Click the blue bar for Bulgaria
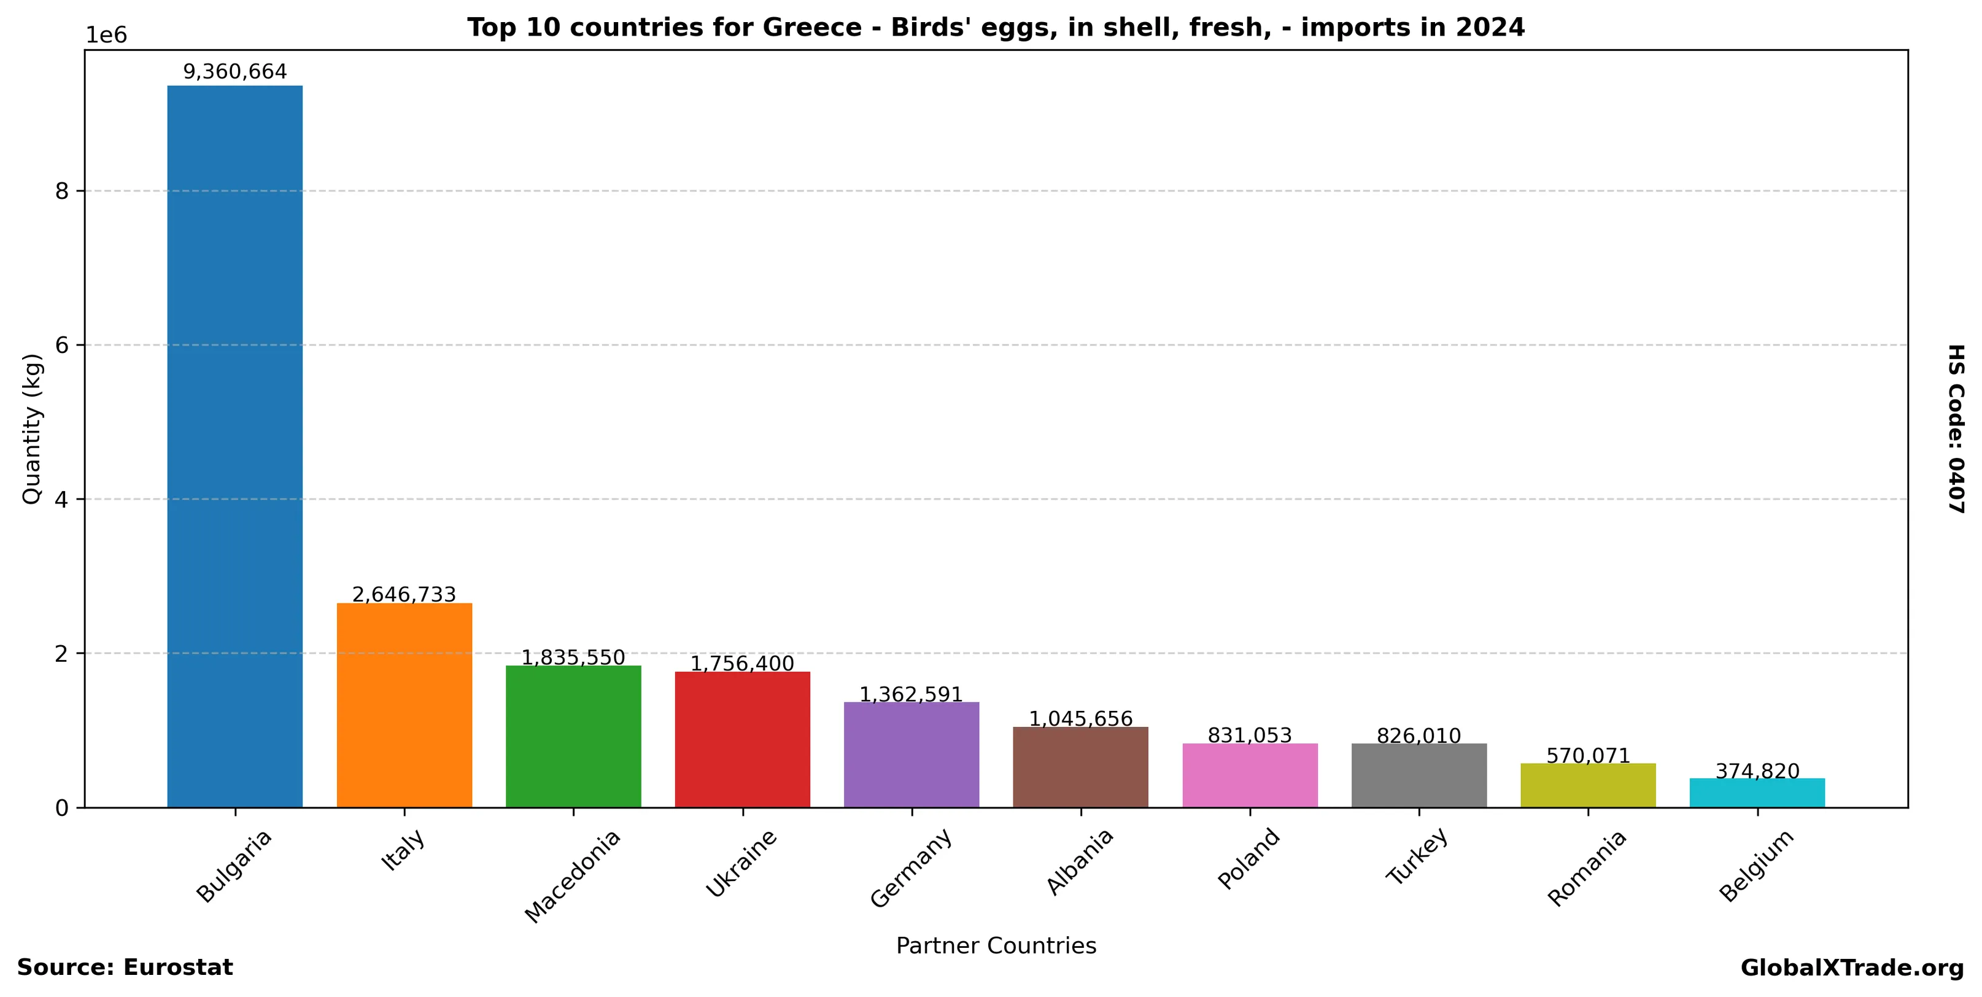(234, 446)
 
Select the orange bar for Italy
(404, 705)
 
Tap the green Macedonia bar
(573, 736)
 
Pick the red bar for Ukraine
(743, 739)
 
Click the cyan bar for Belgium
(1757, 793)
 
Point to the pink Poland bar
(1250, 775)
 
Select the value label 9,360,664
(234, 72)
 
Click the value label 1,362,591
(911, 695)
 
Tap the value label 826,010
(1419, 736)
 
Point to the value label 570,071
(1588, 756)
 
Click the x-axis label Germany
(912, 867)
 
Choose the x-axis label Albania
(1080, 861)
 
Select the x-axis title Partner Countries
(996, 945)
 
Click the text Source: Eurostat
(125, 968)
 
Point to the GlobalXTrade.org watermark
(1852, 968)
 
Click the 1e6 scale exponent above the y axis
(106, 36)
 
